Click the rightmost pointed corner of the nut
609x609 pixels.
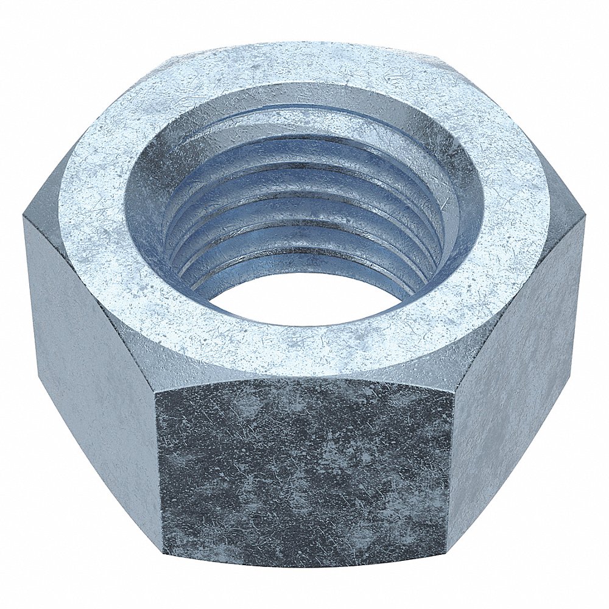tap(585, 216)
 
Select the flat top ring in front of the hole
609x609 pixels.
tap(304, 347)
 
